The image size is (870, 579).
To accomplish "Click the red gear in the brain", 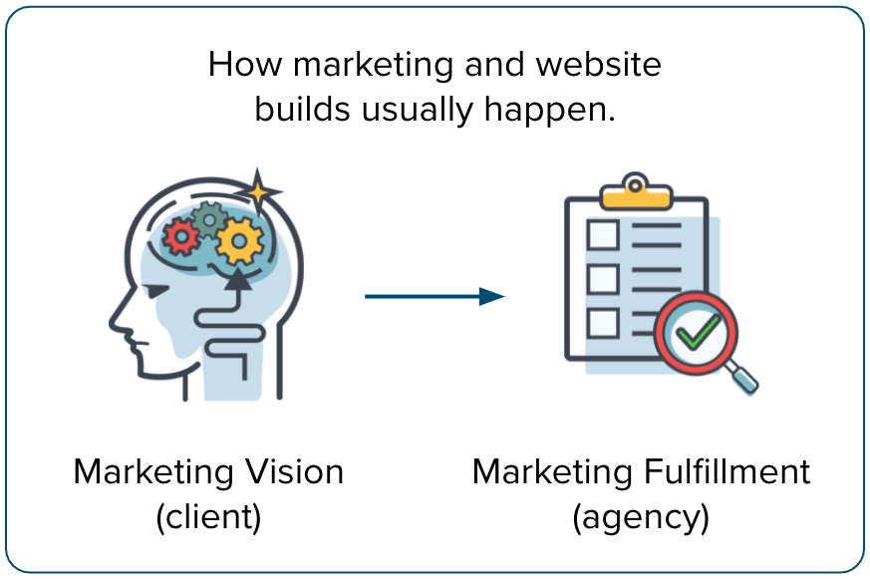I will tap(180, 237).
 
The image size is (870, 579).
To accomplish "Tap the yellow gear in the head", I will tap(239, 239).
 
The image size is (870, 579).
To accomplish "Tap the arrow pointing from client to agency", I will tap(435, 296).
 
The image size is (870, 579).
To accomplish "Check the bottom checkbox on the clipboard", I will tap(603, 322).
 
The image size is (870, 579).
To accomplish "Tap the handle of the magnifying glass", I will tap(741, 379).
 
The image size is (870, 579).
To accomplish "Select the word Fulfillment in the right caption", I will tap(724, 470).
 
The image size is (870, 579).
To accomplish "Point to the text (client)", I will tap(208, 517).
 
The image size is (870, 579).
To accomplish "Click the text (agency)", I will tap(641, 517).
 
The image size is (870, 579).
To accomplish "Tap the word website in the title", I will tap(598, 65).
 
